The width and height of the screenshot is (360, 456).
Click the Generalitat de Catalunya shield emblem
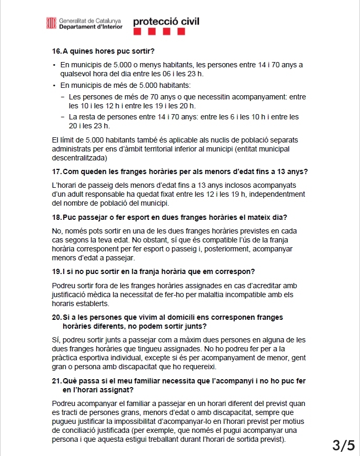pos(52,23)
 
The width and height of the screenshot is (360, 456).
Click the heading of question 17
pos(179,171)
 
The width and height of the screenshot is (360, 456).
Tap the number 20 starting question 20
pos(57,317)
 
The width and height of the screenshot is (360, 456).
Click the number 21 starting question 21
pos(57,381)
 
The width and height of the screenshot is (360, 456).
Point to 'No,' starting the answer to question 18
pos(58,231)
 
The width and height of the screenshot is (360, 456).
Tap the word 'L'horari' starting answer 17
pos(66,185)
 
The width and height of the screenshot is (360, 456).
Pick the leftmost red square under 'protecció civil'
pos(137,32)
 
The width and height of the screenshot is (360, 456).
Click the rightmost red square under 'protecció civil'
pos(181,32)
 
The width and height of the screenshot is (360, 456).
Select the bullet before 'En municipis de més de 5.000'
pos(54,85)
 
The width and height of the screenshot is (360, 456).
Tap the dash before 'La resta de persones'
pos(63,117)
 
